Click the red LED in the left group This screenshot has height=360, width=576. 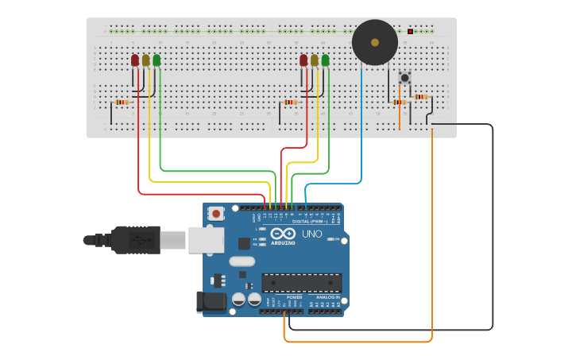(135, 60)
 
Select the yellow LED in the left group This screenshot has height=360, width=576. (145, 60)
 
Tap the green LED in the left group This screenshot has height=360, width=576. (157, 60)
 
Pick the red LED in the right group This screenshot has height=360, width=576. (303, 60)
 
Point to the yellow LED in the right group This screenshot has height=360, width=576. (315, 60)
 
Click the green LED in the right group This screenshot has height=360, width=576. (325, 60)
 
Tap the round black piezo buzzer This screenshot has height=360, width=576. (375, 42)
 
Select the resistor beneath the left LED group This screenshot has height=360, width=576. (122, 102)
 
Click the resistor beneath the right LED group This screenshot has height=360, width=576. (290, 102)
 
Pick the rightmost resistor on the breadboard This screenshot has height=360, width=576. (420, 97)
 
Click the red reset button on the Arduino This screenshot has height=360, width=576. (216, 213)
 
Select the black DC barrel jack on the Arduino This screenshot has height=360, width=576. (208, 301)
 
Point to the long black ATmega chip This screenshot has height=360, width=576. (302, 283)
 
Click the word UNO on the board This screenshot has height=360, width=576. (311, 234)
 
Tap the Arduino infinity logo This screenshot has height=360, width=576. (284, 234)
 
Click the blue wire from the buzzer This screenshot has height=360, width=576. (361, 127)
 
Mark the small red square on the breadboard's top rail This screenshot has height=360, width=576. (410, 31)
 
